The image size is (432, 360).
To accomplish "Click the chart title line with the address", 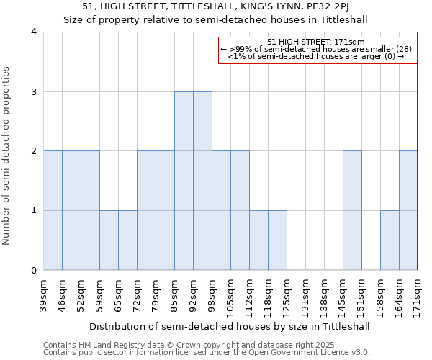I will click(x=216, y=6).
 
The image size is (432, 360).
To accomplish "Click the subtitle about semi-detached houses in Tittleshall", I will click(x=216, y=19).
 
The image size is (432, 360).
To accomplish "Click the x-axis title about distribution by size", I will click(x=230, y=326).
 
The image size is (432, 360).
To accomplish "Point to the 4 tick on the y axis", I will click(x=34, y=32).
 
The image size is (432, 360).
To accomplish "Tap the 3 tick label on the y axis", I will click(x=34, y=91).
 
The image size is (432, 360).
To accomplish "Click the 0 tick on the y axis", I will click(x=34, y=271).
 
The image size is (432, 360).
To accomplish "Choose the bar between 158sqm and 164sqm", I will click(x=390, y=240).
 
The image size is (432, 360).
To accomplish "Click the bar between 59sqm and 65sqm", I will click(x=109, y=240).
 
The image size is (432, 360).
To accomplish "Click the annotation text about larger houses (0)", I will click(x=317, y=56).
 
